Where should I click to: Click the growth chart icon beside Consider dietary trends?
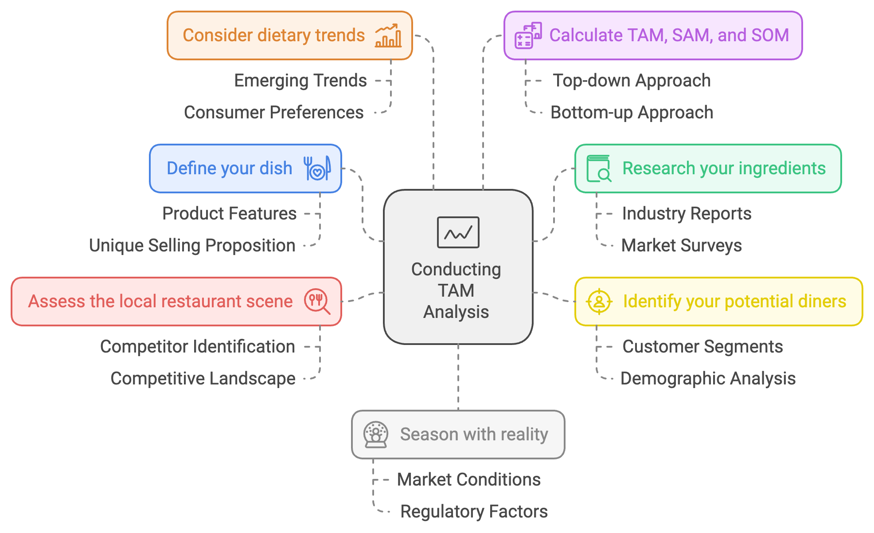click(388, 35)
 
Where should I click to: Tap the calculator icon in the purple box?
click(528, 35)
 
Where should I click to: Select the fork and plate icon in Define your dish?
click(317, 169)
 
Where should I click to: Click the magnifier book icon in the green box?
click(599, 169)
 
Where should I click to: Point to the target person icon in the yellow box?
click(599, 302)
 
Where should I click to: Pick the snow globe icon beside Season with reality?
click(376, 435)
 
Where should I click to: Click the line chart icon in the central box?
click(458, 232)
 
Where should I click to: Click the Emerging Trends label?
click(300, 81)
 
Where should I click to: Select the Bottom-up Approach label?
click(632, 113)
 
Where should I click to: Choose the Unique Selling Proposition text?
click(192, 246)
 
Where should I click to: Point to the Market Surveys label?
click(681, 246)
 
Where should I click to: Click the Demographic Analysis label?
click(708, 379)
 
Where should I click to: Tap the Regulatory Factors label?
click(474, 512)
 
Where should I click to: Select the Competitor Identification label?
click(197, 347)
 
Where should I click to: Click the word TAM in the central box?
click(456, 291)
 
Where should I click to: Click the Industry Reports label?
click(687, 214)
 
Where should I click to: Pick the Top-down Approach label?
click(632, 81)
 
